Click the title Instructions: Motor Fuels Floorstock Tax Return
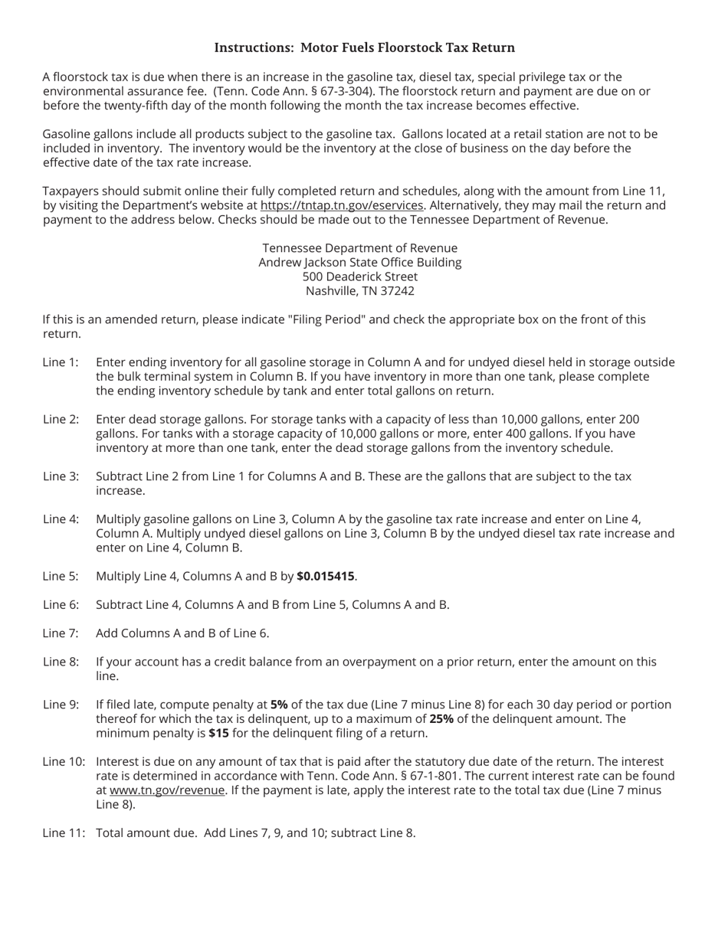[364, 47]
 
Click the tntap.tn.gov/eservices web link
[342, 205]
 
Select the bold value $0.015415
[326, 576]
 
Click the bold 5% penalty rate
[279, 705]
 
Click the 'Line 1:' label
[61, 362]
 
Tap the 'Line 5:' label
[61, 576]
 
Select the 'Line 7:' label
[61, 633]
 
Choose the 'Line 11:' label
[64, 832]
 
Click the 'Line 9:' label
[61, 705]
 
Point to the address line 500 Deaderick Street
[360, 276]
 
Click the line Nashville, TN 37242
[360, 291]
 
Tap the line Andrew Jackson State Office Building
[360, 262]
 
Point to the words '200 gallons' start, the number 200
[628, 419]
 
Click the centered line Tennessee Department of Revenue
[360, 248]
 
